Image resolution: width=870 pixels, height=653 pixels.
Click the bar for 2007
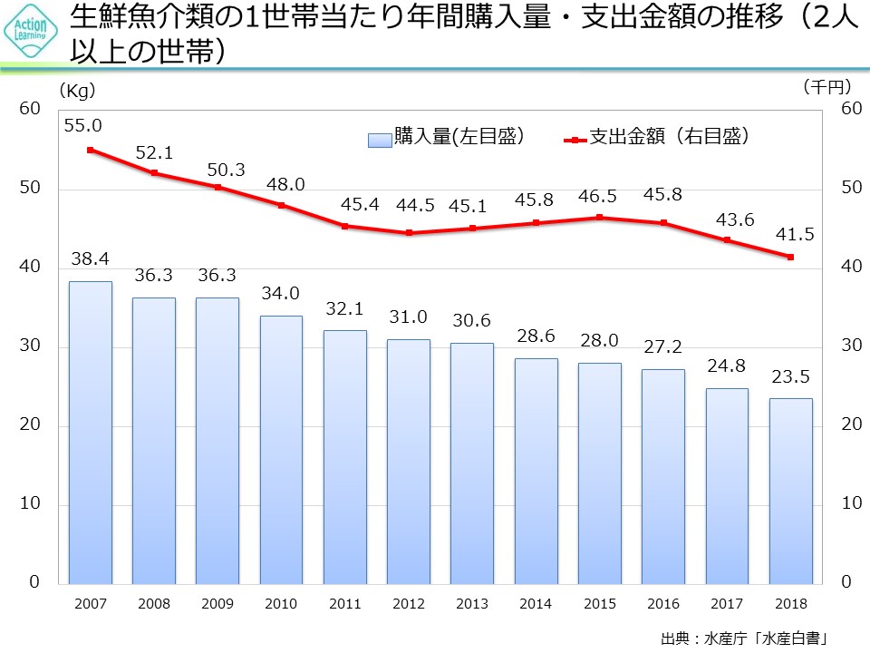[91, 432]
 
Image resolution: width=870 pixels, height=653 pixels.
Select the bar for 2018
[791, 491]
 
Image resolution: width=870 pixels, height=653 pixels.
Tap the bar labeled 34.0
[281, 449]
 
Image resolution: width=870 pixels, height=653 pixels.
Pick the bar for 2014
[536, 471]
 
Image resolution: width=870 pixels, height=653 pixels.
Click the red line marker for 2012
[409, 233]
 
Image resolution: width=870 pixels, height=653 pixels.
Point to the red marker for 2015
[600, 218]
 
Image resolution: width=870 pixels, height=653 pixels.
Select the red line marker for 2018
[791, 257]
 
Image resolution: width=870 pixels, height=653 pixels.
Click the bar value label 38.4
[91, 259]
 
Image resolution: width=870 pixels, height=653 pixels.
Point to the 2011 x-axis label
[345, 602]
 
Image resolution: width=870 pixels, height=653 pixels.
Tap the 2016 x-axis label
[663, 602]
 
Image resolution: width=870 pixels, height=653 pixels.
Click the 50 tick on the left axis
[31, 189]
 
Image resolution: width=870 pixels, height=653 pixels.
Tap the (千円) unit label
[827, 87]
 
